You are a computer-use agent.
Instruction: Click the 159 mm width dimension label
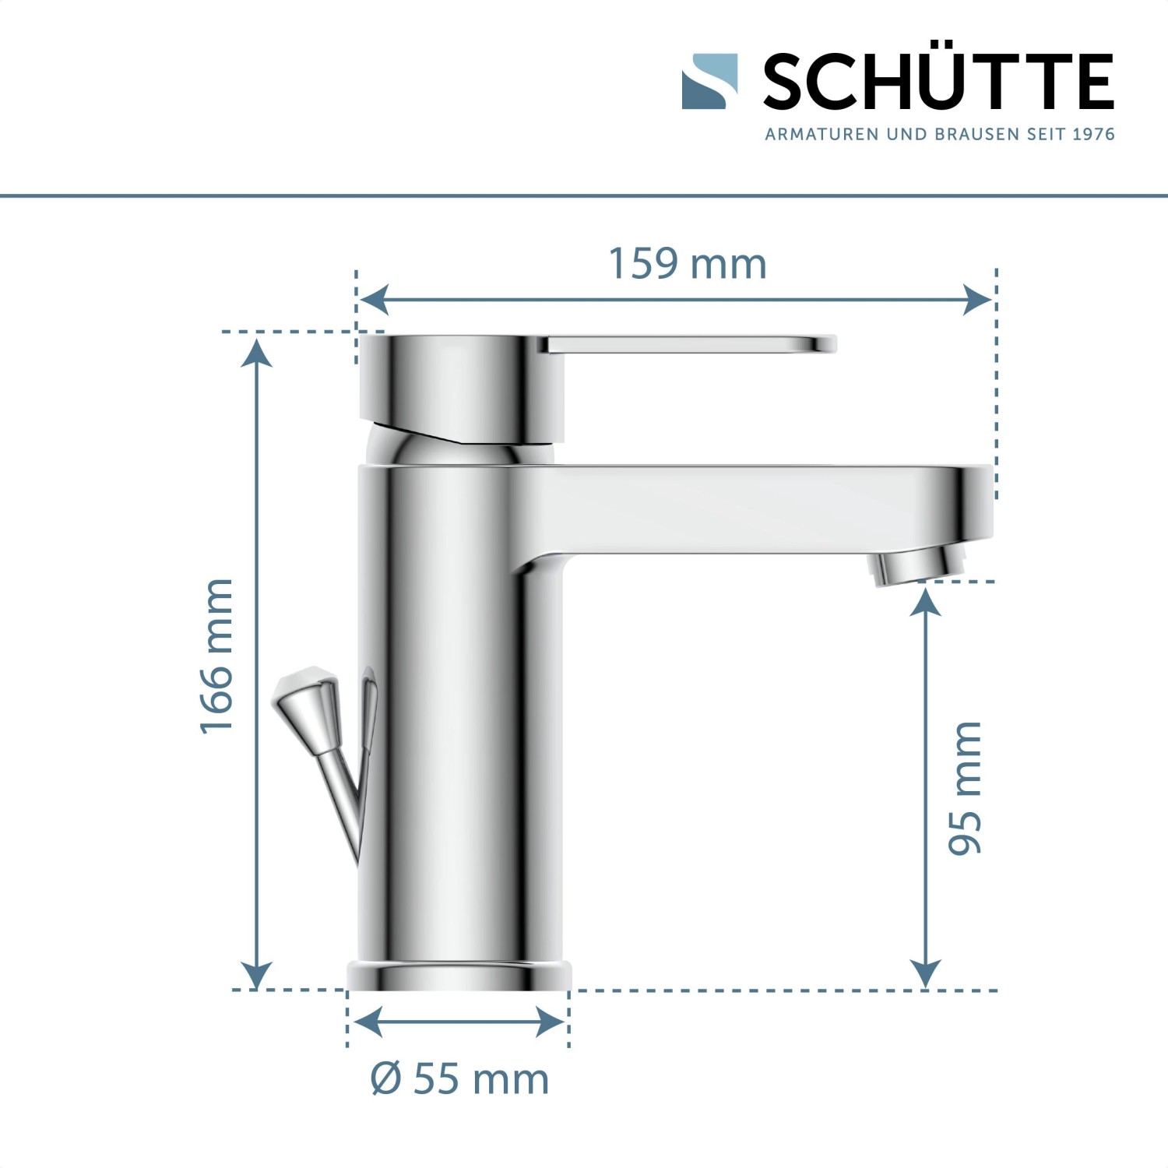pyautogui.click(x=687, y=264)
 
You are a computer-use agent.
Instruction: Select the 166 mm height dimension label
pyautogui.click(x=217, y=656)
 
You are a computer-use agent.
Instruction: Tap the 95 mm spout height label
pyautogui.click(x=966, y=788)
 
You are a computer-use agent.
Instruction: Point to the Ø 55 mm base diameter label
pyautogui.click(x=459, y=1079)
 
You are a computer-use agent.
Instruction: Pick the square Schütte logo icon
pyautogui.click(x=709, y=81)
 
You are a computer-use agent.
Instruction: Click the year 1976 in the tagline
pyautogui.click(x=1093, y=135)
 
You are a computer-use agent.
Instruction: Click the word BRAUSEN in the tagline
pyautogui.click(x=976, y=135)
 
